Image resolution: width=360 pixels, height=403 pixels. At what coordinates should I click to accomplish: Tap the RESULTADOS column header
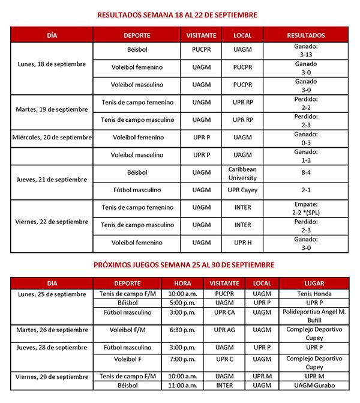coord(307,35)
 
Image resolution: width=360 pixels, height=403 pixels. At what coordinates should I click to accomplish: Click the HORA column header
coord(182,283)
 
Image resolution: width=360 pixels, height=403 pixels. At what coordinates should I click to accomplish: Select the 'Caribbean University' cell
coord(242,174)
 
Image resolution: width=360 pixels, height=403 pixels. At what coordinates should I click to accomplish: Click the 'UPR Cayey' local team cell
coord(242,190)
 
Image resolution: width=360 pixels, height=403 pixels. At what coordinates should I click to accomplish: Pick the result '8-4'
coord(307,174)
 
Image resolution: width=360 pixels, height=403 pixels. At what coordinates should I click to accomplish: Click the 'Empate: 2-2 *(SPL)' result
coord(307,208)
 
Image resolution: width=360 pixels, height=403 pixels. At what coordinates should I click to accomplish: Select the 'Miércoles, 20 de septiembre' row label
coord(52,138)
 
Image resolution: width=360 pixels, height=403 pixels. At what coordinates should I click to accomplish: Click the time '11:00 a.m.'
coord(182,385)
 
